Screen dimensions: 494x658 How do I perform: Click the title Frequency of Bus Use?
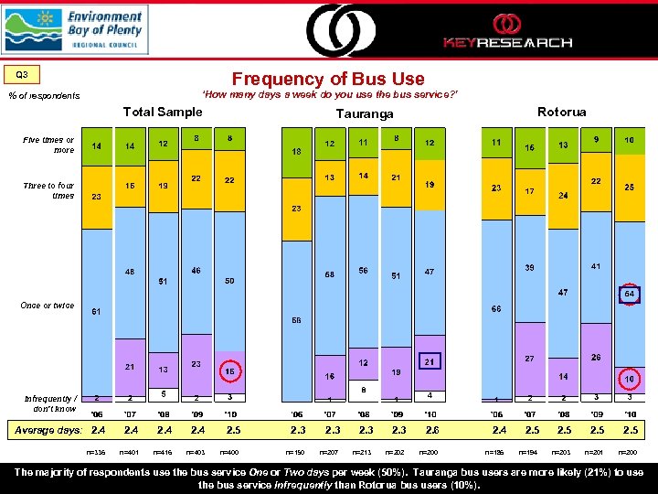tap(328, 80)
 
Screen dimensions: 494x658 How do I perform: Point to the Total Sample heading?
tap(163, 112)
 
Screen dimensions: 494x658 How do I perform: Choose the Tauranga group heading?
tap(364, 113)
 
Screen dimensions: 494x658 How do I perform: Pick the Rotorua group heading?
tap(561, 112)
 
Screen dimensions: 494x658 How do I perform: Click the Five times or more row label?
tap(49, 145)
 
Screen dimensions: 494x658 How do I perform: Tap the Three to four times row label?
tap(49, 190)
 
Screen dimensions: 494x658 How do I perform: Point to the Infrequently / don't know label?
tap(49, 403)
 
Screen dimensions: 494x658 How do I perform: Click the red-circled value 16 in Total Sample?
tap(230, 372)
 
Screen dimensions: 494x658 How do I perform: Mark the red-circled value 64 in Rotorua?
tap(629, 294)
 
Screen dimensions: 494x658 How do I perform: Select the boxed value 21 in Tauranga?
tap(429, 362)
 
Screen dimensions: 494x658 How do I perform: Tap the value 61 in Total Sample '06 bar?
tap(96, 311)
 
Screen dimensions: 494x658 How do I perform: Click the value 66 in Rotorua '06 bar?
tap(496, 309)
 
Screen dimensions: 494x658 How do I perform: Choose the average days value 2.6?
tap(430, 430)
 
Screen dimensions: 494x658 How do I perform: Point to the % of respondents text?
tap(44, 96)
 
